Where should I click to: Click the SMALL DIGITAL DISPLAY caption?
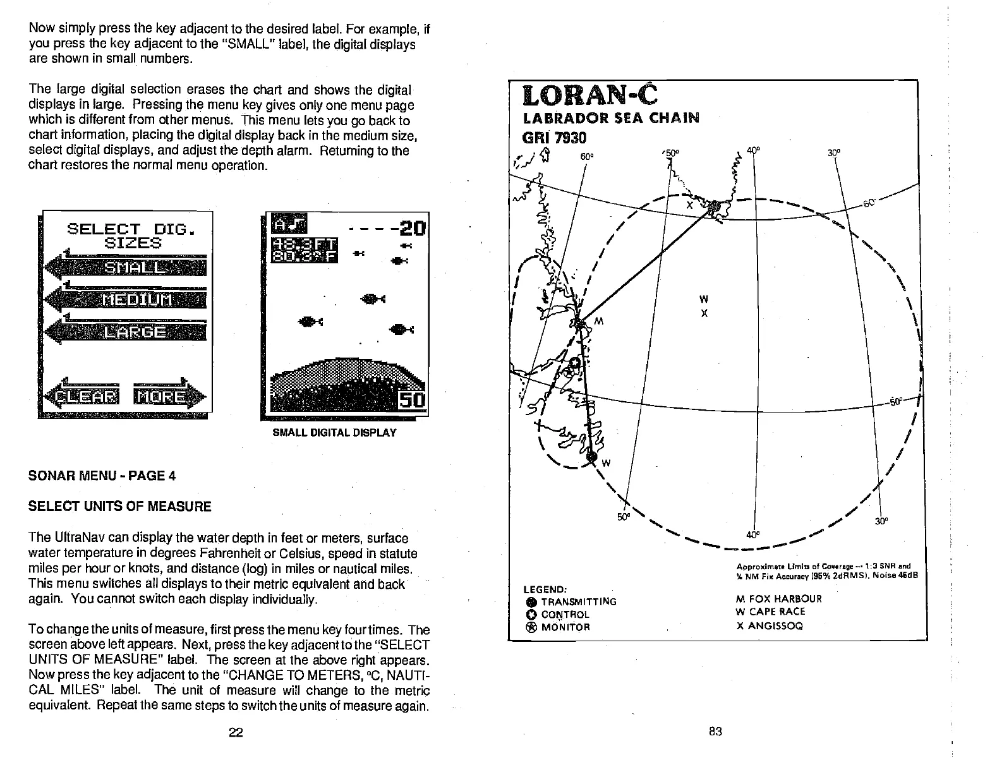[x=334, y=433]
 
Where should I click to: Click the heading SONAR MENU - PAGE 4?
[x=102, y=476]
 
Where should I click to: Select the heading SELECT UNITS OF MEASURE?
[x=120, y=506]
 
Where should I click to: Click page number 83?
[x=715, y=732]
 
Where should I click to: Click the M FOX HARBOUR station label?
[x=779, y=598]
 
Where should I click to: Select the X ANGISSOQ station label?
[x=769, y=626]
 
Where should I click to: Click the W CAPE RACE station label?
[x=770, y=612]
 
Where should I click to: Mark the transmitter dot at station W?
[x=592, y=456]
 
